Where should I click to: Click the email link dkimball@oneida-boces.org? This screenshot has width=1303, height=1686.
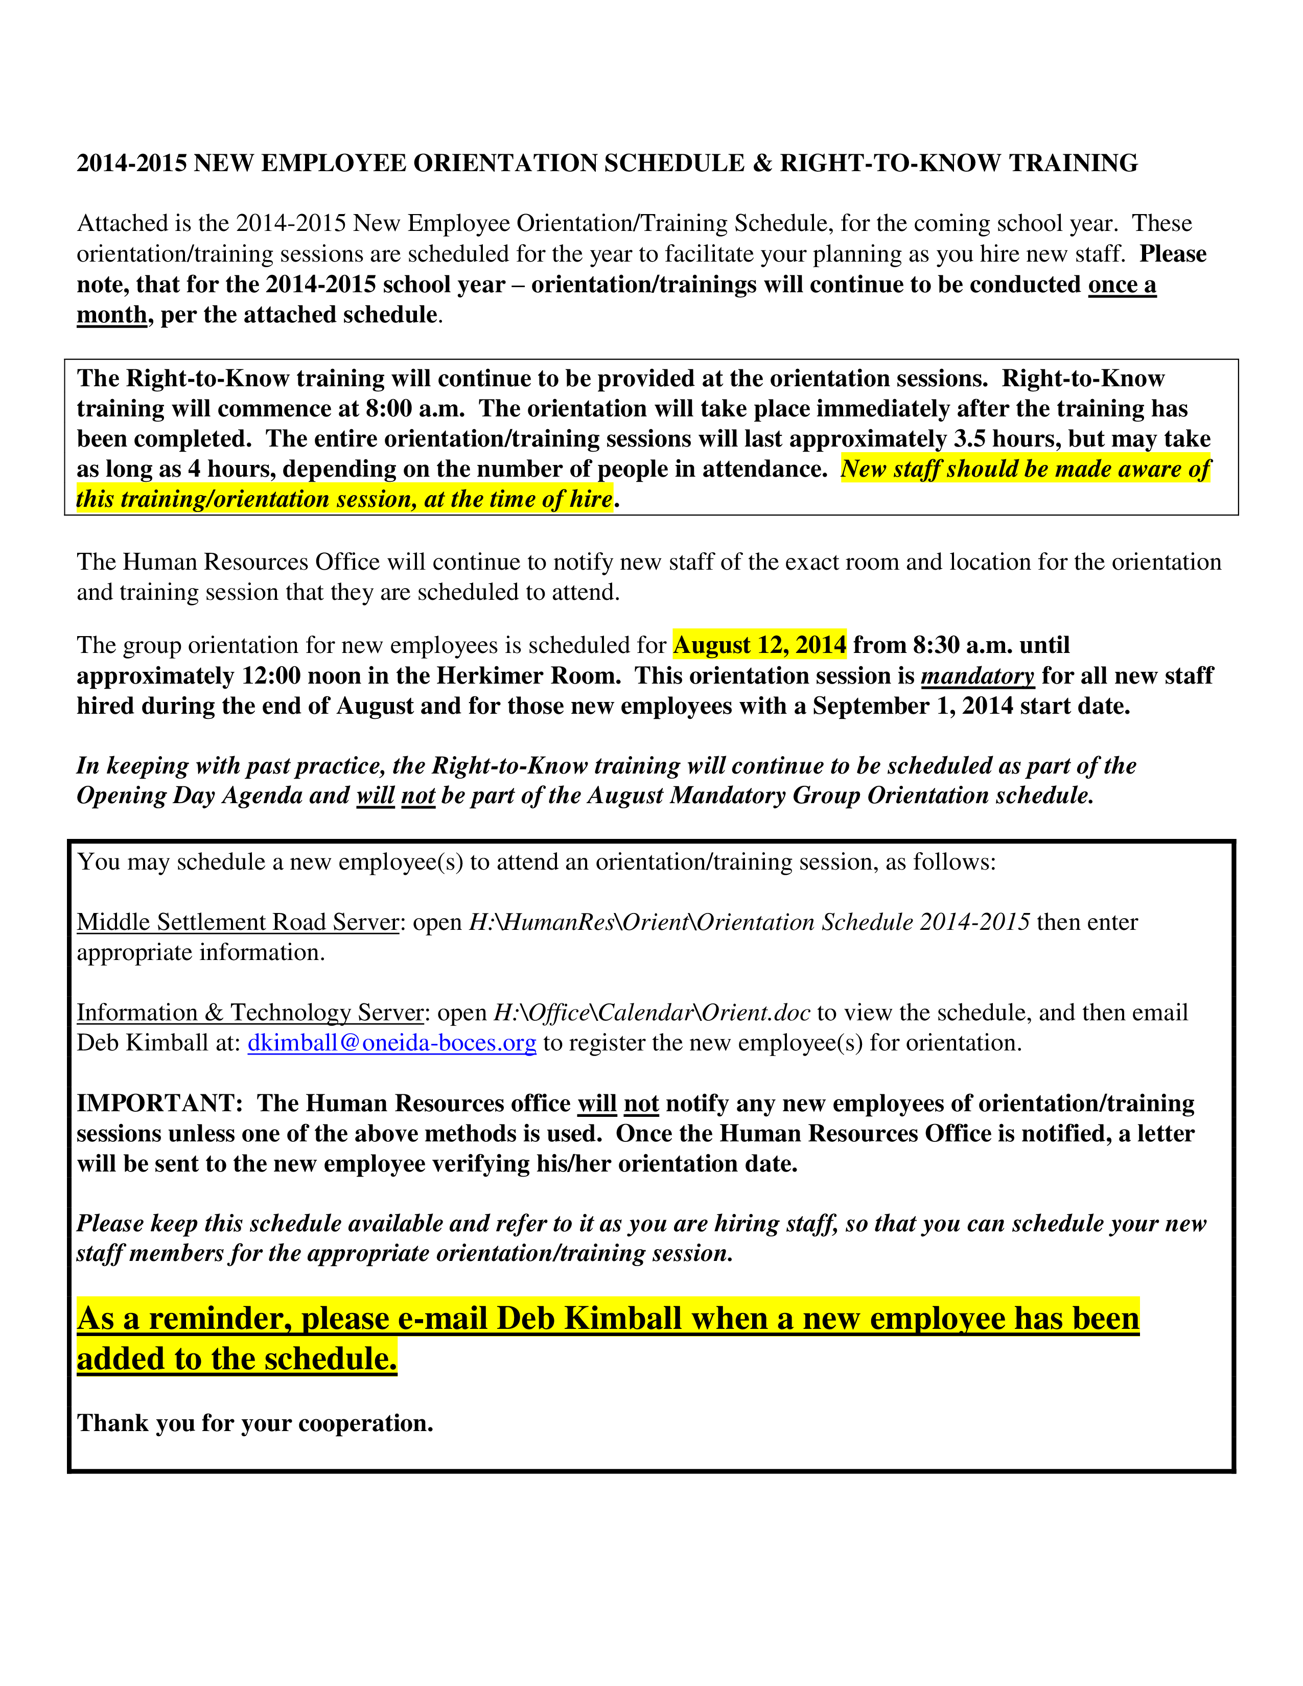pyautogui.click(x=391, y=1043)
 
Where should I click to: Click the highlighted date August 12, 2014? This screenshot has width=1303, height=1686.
pyautogui.click(x=759, y=645)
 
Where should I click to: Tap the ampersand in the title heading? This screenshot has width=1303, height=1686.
pyautogui.click(x=763, y=163)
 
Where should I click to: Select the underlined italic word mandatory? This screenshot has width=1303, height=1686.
pyautogui.click(x=977, y=676)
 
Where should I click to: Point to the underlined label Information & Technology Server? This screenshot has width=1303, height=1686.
pyautogui.click(x=250, y=1012)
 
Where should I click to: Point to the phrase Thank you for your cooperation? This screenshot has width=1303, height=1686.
pyautogui.click(x=255, y=1423)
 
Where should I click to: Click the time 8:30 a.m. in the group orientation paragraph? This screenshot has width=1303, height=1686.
pyautogui.click(x=963, y=645)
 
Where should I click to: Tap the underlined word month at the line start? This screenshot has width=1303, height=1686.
pyautogui.click(x=112, y=315)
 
